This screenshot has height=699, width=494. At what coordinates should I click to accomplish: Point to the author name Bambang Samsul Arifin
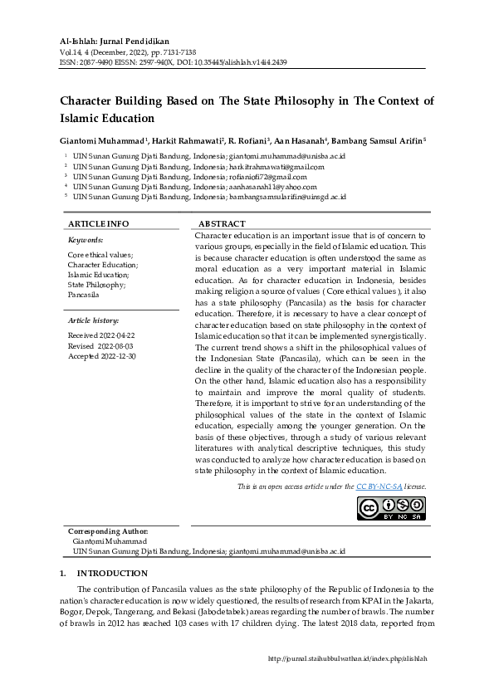pos(380,141)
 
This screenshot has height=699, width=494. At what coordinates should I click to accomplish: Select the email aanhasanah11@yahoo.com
pos(271,187)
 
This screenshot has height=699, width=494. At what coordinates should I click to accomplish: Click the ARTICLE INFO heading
pos(98,224)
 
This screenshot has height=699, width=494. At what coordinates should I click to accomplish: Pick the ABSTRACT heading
pos(222,224)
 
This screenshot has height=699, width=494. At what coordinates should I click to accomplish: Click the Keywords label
pos(85,239)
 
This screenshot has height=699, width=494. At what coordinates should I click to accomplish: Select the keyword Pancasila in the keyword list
pos(84,295)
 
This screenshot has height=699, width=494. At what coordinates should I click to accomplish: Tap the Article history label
pos(93,320)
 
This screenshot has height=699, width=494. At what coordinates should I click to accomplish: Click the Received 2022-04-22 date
pos(100,335)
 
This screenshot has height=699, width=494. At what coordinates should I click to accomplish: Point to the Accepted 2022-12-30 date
pos(101,355)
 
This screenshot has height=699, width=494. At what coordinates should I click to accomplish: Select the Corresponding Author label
pos(107,530)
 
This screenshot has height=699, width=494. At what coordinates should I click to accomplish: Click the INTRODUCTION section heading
pos(112,574)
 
